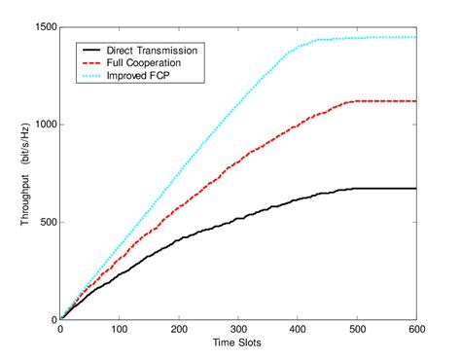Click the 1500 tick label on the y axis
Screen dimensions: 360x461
(x=42, y=26)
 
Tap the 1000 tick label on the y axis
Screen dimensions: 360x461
(x=42, y=125)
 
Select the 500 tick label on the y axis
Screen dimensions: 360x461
(x=45, y=222)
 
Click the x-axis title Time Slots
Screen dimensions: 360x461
(x=238, y=343)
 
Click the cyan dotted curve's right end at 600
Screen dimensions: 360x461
(x=415, y=37)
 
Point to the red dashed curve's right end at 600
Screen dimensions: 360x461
(x=415, y=101)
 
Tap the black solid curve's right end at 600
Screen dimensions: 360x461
(x=415, y=189)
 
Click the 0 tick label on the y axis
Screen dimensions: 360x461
(x=53, y=320)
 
